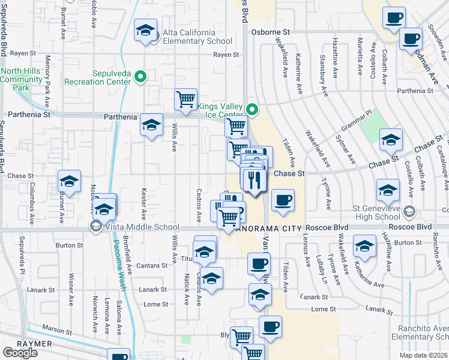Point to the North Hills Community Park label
point(23,79)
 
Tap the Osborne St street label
point(271,32)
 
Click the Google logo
point(20,353)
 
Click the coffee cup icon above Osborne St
point(394,18)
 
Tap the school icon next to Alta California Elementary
point(145,30)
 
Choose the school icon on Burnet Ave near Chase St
point(69,181)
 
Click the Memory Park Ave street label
point(47,76)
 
